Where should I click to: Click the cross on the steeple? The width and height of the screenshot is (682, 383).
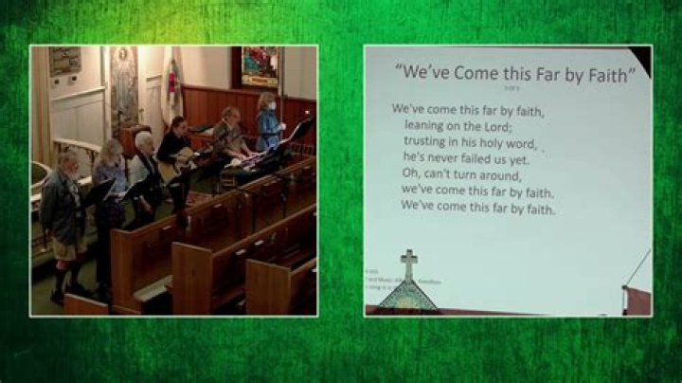pos(408,263)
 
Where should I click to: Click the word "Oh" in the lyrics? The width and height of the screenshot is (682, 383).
pos(410,174)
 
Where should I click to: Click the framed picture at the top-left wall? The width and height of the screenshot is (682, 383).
pos(65,61)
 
